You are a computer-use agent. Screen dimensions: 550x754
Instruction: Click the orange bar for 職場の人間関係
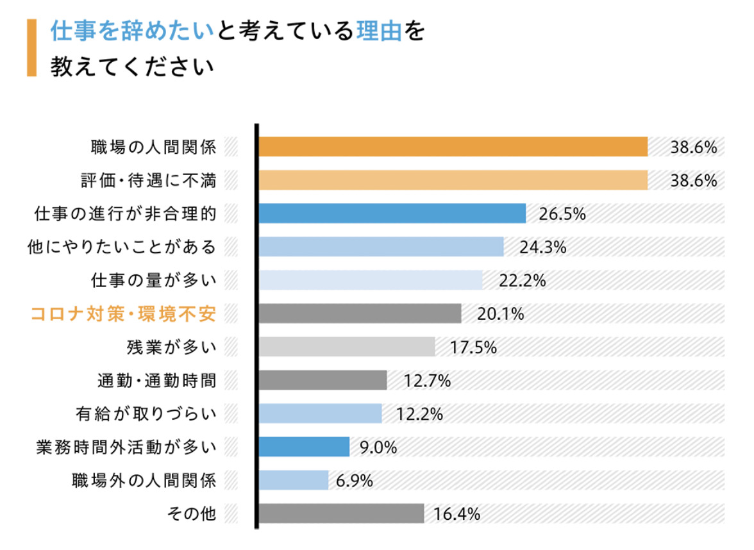point(453,147)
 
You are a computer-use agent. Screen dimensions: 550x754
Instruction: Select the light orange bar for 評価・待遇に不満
point(453,180)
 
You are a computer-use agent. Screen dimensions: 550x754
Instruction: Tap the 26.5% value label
point(562,214)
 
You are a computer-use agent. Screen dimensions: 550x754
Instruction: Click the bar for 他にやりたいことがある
point(381,247)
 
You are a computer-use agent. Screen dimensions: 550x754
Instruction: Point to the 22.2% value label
point(523,281)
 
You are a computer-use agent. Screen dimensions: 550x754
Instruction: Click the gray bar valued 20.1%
point(360,313)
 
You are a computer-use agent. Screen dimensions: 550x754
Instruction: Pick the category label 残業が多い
point(172,347)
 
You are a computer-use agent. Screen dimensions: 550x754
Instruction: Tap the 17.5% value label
point(474,347)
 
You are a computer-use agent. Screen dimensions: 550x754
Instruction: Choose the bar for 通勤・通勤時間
point(323,380)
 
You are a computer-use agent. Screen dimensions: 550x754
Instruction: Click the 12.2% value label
point(420,414)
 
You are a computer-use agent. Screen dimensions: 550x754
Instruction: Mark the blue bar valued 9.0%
point(304,447)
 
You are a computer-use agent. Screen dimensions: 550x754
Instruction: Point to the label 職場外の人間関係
point(145,480)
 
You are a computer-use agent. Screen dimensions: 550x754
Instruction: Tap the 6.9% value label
point(355,481)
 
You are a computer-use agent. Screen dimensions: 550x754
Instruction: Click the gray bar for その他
point(341,513)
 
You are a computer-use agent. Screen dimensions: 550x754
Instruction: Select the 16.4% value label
point(457,514)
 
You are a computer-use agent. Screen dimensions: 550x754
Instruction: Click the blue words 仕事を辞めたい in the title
point(131,31)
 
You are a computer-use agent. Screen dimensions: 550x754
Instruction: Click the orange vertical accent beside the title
point(31,48)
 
